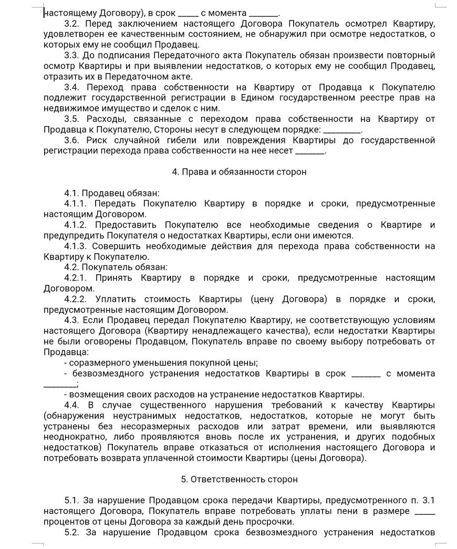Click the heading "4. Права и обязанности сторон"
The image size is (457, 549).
[239, 172]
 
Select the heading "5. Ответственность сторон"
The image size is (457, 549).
[239, 479]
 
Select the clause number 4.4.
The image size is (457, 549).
[73, 405]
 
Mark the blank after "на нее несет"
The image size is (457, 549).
[311, 151]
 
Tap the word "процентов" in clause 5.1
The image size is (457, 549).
[67, 522]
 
